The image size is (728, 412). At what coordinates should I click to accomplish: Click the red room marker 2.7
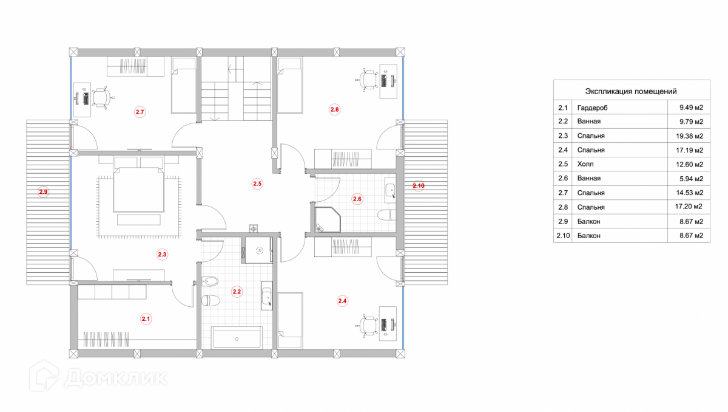pos(140,112)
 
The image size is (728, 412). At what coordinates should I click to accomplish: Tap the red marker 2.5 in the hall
pos(257,183)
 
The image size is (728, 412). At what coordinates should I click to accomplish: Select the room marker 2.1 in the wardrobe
pos(146,318)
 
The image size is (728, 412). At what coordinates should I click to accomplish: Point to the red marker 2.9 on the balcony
pos(43,192)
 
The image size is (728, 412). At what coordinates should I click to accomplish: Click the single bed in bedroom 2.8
pos(291,86)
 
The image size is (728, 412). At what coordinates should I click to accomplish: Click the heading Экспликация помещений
pos(630,91)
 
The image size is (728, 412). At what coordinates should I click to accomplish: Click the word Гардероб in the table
pos(592,108)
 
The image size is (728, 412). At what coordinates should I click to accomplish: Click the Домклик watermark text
pos(115,378)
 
